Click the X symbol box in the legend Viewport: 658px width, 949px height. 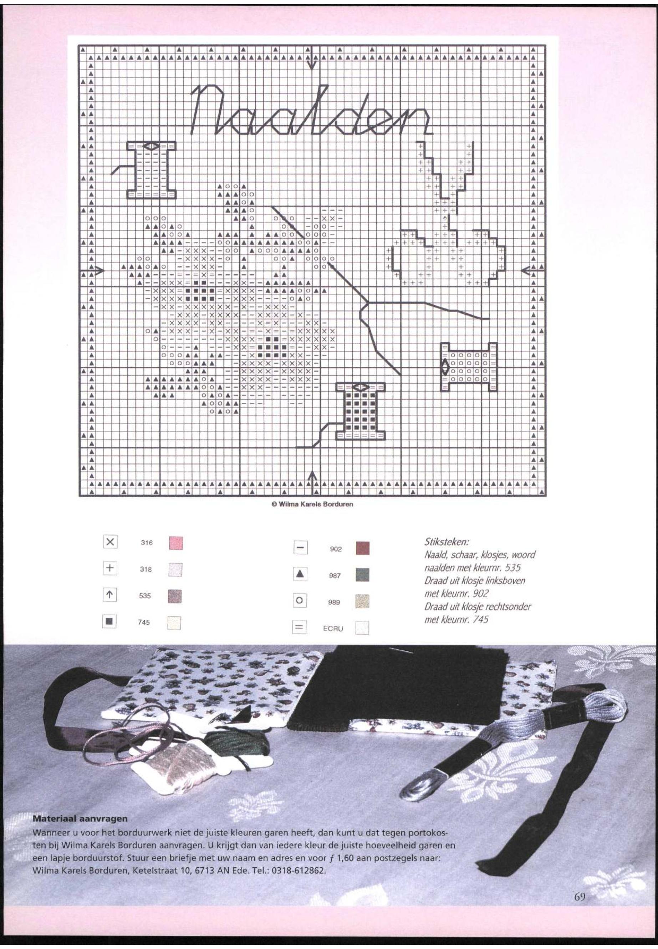[110, 542]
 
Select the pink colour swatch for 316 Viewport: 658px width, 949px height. [175, 543]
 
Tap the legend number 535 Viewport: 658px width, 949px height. [145, 596]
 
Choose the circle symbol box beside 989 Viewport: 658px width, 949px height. [300, 601]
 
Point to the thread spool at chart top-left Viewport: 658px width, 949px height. [152, 169]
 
